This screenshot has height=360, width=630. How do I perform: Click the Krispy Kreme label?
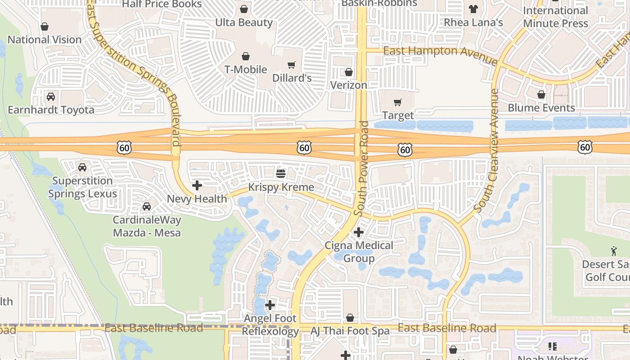281,187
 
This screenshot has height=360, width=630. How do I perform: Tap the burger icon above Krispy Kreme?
281,173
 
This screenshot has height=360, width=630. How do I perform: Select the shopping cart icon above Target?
398,103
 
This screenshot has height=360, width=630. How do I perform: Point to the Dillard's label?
292,78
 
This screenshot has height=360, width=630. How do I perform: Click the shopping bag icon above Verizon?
349,72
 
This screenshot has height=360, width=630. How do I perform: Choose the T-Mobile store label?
246,69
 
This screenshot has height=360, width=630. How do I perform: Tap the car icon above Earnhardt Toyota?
51,97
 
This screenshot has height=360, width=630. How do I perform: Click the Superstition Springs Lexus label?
82,187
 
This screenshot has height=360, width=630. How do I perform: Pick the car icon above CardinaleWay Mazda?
146,207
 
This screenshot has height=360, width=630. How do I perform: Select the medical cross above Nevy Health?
197,185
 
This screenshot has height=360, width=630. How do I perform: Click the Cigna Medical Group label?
359,252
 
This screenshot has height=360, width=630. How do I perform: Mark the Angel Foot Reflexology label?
270,324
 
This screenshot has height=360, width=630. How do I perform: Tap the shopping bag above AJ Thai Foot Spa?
350,318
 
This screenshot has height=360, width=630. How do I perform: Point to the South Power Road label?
361,168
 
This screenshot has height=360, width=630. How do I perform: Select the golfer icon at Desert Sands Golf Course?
614,250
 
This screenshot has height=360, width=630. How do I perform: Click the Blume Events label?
541,108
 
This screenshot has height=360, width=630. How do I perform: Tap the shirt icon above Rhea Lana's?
473,9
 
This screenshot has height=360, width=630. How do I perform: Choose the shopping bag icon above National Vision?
45,27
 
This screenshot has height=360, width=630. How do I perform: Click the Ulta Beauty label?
244,22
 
